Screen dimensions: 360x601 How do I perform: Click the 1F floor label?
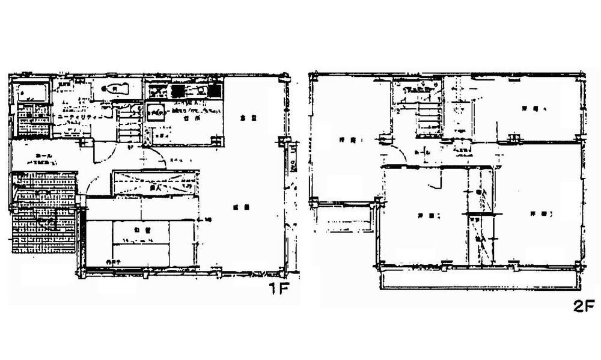point(279,290)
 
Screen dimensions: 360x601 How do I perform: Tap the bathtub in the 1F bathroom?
point(30,93)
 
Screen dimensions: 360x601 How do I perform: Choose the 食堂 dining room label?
point(244,118)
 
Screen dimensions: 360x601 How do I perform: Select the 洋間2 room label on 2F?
point(420,215)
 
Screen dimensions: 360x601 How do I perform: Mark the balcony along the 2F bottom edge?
point(478,278)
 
